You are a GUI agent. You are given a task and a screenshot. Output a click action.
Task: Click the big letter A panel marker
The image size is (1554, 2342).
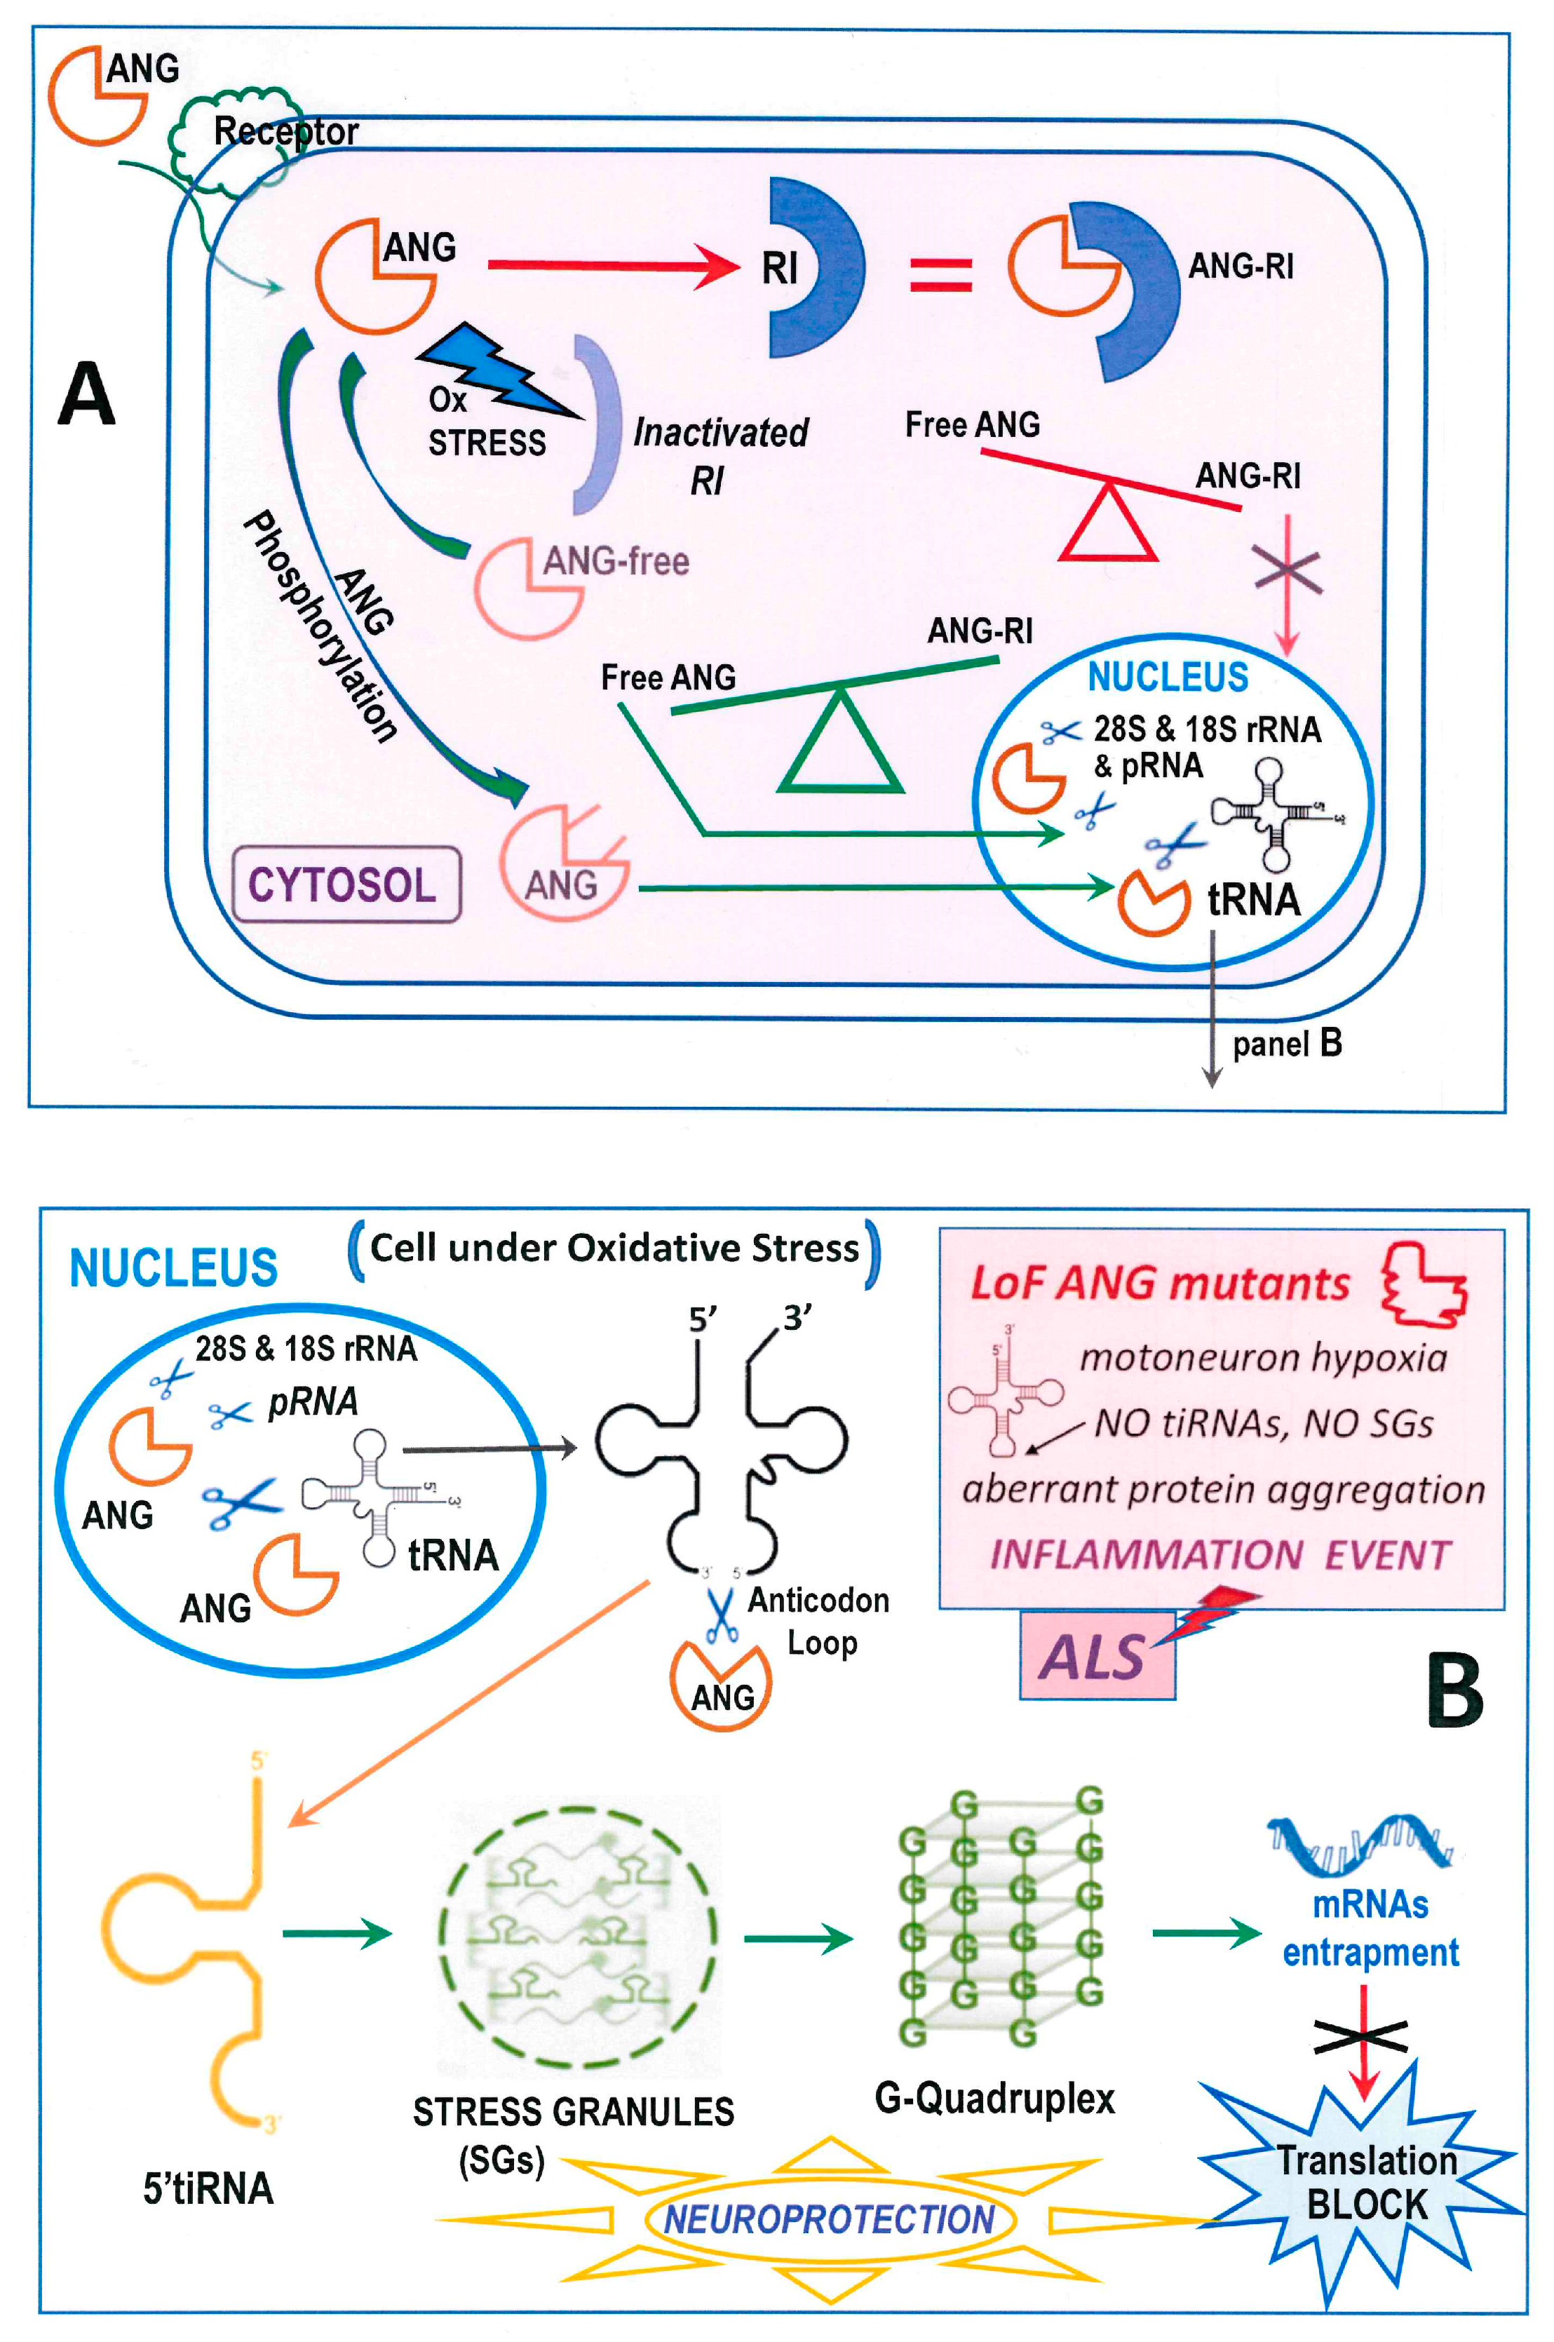(87, 393)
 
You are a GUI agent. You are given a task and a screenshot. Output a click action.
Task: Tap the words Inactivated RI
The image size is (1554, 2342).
(719, 455)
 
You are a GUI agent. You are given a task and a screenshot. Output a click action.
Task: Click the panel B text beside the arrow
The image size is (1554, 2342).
(1286, 1044)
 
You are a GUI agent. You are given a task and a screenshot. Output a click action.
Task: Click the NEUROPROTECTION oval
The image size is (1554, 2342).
(828, 2218)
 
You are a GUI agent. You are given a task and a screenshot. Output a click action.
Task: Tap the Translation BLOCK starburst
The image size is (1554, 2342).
(1365, 2181)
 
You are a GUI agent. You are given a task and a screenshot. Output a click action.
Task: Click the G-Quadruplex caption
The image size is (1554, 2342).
(994, 2097)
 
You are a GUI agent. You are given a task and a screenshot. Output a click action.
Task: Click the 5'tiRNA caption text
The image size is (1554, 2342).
(208, 2188)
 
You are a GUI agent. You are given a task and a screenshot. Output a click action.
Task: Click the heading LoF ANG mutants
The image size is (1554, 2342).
(1160, 1284)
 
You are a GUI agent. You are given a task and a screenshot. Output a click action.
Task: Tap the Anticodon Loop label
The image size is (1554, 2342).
(818, 1620)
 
